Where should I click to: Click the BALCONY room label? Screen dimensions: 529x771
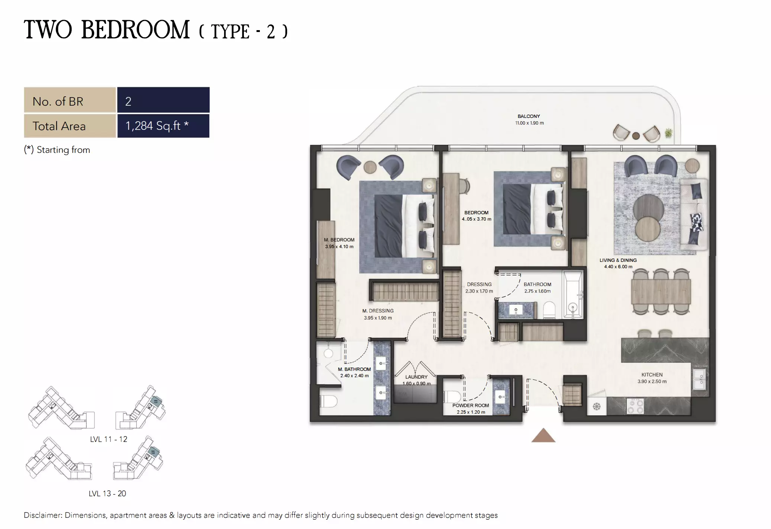click(528, 116)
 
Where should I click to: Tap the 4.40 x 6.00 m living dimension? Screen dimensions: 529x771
click(617, 267)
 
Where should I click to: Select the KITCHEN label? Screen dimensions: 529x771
click(651, 375)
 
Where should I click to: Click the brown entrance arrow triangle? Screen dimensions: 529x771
click(543, 436)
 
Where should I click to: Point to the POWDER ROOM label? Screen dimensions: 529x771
click(470, 405)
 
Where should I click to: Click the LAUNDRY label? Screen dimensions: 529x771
click(416, 377)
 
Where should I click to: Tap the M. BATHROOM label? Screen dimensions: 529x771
click(354, 369)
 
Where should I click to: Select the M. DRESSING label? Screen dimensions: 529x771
click(378, 311)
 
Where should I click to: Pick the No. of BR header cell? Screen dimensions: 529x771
click(70, 101)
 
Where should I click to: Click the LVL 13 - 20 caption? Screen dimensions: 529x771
click(107, 494)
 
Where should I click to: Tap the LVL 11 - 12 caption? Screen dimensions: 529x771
click(108, 439)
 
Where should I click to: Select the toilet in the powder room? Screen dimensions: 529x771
click(452, 397)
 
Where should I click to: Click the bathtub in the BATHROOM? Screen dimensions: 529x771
click(572, 295)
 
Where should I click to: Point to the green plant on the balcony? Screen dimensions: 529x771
click(668, 132)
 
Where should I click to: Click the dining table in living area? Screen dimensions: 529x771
click(660, 291)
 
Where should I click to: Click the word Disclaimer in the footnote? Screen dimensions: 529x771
click(42, 515)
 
